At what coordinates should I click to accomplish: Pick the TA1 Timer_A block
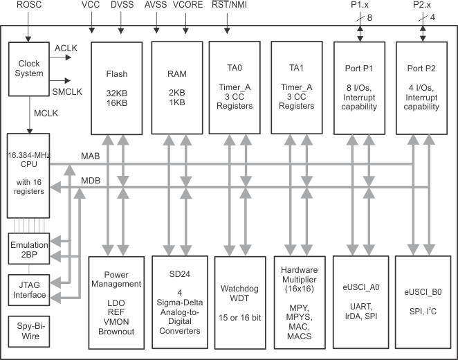click(298, 88)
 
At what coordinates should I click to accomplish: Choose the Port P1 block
click(358, 88)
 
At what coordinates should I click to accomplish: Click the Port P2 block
click(421, 88)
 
